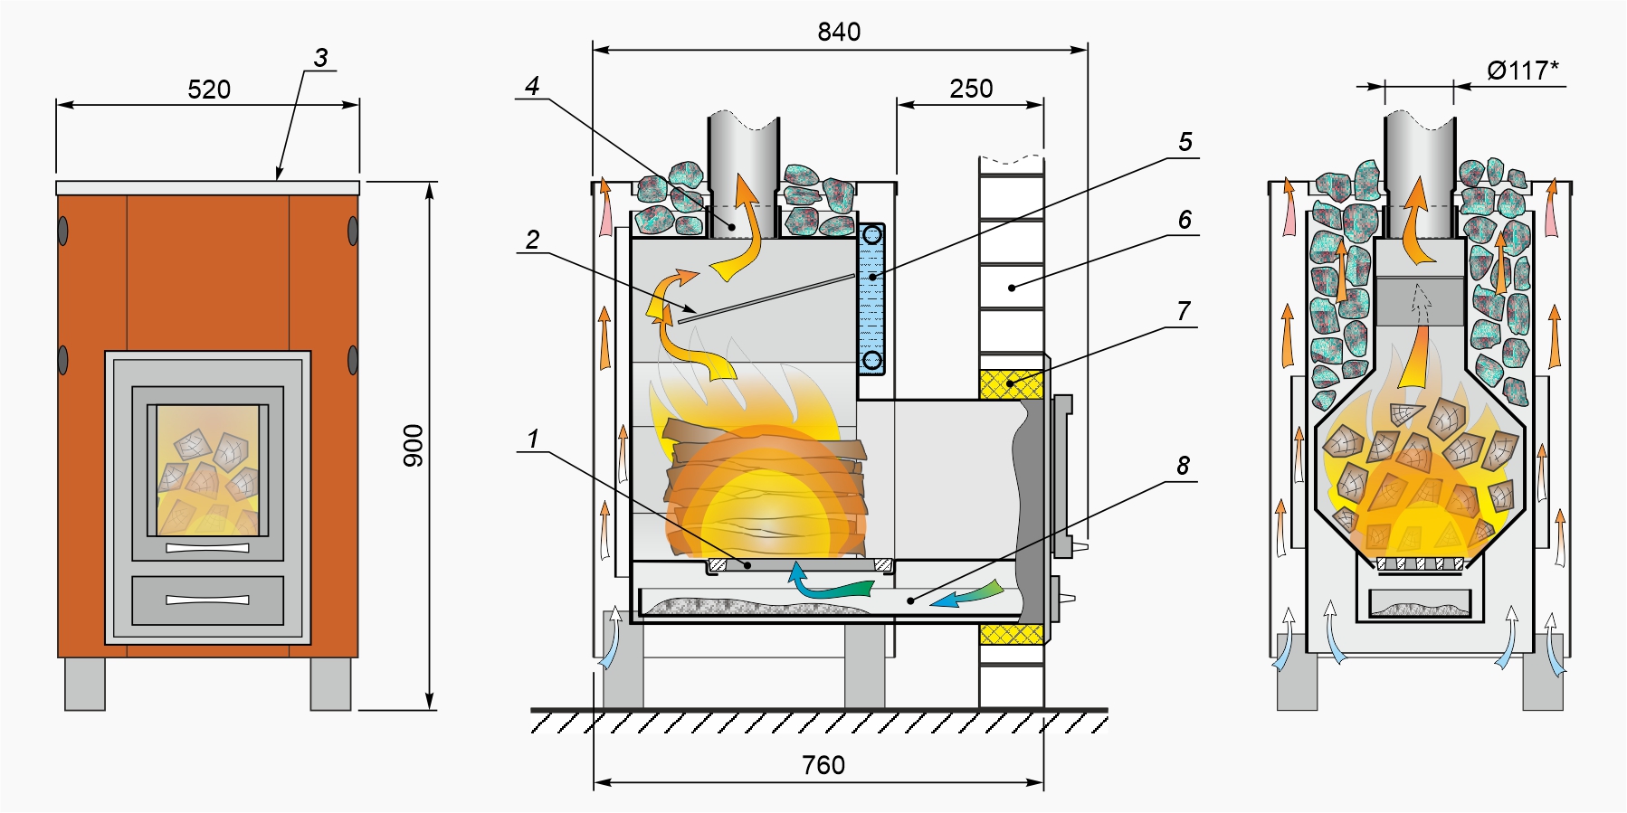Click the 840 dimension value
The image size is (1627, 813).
(839, 33)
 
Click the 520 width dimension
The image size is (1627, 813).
(209, 90)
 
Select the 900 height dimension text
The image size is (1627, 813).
(414, 446)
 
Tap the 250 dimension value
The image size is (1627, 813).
(971, 89)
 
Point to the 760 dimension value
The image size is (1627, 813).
(823, 765)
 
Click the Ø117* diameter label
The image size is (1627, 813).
(1523, 70)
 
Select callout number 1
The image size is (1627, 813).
(533, 439)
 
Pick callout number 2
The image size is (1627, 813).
(532, 240)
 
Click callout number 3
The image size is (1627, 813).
(320, 59)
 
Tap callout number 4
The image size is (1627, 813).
(532, 86)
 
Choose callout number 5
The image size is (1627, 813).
(1185, 142)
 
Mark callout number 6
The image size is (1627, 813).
(1185, 220)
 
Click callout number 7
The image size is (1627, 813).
(1184, 311)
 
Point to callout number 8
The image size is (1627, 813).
(1183, 466)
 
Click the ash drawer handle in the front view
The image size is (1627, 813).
(207, 600)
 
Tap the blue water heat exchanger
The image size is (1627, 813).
(871, 298)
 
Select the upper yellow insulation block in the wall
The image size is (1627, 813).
(1012, 384)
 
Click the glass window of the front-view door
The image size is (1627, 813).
(208, 470)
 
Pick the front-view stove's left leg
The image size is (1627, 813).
(85, 683)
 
